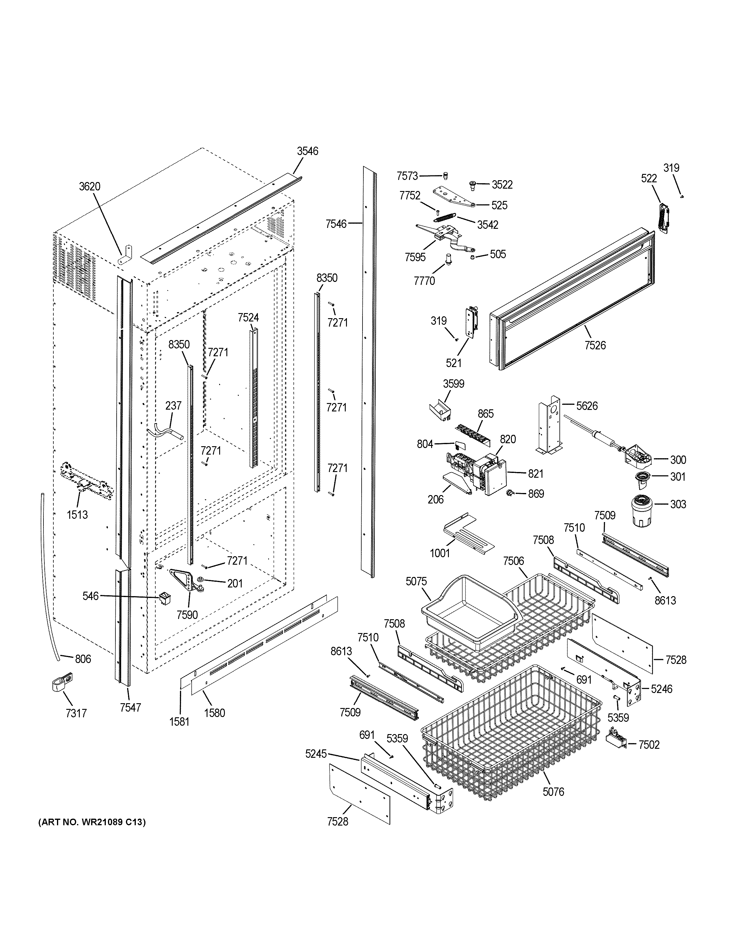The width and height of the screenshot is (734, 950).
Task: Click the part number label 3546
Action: point(307,151)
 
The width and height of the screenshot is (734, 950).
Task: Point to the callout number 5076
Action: point(553,792)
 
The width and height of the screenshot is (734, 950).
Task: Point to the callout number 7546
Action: point(336,224)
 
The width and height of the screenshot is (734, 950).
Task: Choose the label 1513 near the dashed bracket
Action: point(77,515)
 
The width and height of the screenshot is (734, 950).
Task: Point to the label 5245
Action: point(316,754)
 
